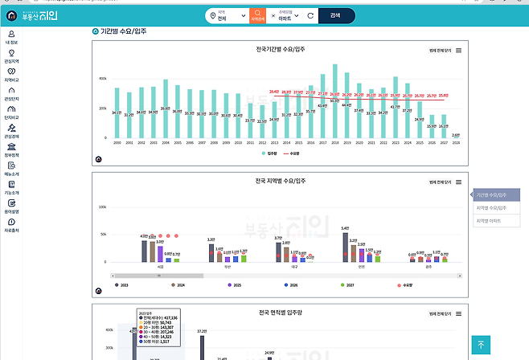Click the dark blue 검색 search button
(335, 14)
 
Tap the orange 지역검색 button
(258, 14)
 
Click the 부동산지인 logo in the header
(39, 14)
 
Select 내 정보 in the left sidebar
(11, 37)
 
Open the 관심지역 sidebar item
(11, 56)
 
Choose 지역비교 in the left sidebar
(11, 75)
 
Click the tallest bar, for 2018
(334, 101)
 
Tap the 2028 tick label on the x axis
(456, 142)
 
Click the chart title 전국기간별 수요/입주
(275, 49)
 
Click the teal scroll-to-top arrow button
(481, 345)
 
